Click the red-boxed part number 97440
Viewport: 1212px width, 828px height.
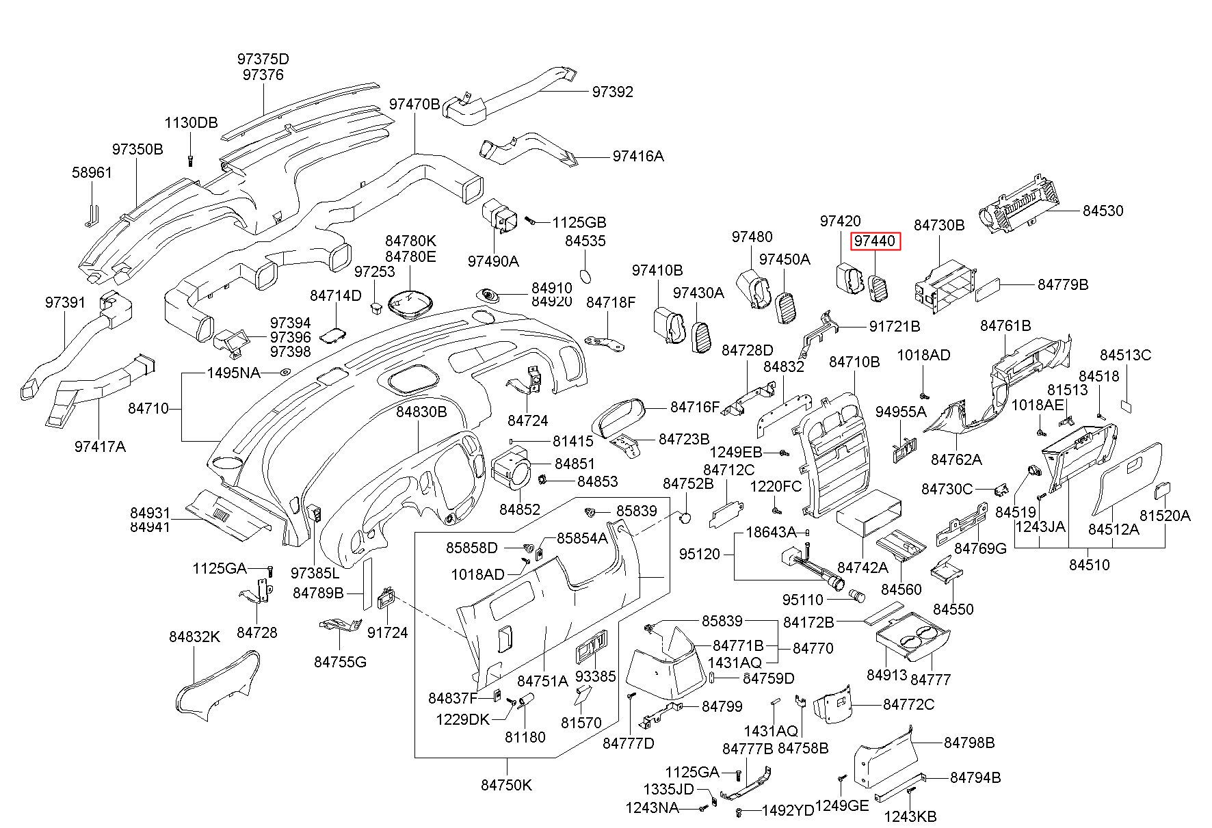[x=875, y=241]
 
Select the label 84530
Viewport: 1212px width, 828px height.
[x=1103, y=211]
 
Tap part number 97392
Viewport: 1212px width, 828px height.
[x=613, y=92]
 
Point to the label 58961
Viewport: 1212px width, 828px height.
[x=92, y=172]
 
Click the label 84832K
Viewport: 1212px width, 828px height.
[x=195, y=637]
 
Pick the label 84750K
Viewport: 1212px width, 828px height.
[x=506, y=785]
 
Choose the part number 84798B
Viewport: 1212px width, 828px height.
[x=969, y=743]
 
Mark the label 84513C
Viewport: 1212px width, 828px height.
[x=1125, y=355]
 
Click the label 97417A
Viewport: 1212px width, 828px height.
[x=100, y=446]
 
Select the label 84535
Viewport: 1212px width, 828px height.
[x=585, y=241]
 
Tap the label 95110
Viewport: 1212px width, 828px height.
[x=803, y=600]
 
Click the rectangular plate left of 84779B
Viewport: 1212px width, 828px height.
[x=990, y=289]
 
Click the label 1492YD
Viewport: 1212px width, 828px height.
[x=788, y=811]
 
